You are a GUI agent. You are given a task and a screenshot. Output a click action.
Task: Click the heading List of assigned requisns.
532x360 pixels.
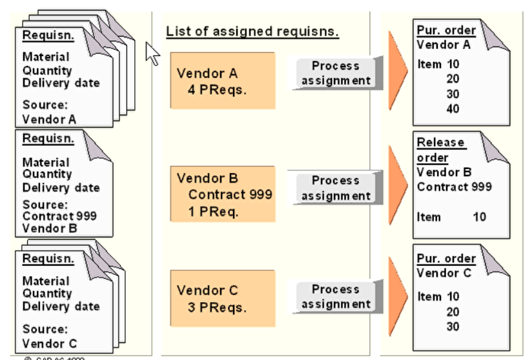(x=252, y=31)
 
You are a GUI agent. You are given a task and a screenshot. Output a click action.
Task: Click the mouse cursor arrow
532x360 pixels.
(x=152, y=53)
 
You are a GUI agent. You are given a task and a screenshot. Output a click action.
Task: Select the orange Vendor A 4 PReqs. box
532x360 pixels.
(x=222, y=81)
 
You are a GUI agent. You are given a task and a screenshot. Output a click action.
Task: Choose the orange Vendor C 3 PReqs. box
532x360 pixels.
(x=222, y=299)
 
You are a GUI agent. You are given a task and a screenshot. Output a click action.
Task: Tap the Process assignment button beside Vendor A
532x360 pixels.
(x=336, y=73)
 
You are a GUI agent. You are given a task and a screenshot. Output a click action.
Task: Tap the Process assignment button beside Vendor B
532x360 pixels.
(x=336, y=188)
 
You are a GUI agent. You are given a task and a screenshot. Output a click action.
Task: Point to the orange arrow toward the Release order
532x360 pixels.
(x=396, y=188)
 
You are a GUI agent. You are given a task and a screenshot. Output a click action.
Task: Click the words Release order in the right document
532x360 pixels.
(x=440, y=150)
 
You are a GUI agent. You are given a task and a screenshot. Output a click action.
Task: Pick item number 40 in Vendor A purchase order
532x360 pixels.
(x=453, y=109)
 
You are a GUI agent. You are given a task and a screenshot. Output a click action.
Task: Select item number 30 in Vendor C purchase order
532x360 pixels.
(x=453, y=326)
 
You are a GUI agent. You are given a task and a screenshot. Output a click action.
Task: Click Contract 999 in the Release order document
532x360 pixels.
(x=454, y=186)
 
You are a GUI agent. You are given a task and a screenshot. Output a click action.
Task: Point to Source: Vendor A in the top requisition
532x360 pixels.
(x=49, y=112)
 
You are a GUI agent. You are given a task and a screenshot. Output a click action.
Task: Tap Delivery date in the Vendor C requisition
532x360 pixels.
(x=61, y=306)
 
